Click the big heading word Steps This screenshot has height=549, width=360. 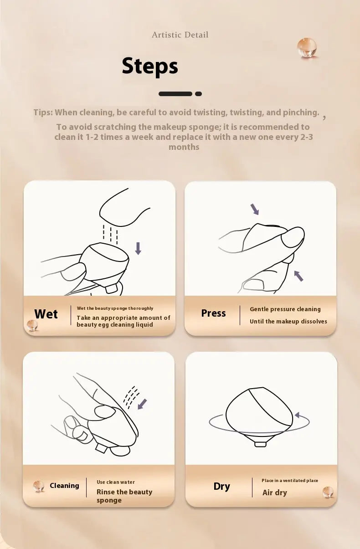click(x=150, y=66)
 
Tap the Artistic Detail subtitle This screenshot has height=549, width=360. click(x=180, y=35)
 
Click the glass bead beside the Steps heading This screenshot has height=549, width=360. click(x=307, y=48)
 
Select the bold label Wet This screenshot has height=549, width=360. click(x=46, y=314)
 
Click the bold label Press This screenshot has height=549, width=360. click(x=213, y=313)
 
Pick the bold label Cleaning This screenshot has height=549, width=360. click(x=64, y=486)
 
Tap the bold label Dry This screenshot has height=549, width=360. click(x=221, y=486)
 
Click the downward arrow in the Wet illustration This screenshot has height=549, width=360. click(x=138, y=248)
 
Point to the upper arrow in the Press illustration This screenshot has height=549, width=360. click(x=255, y=209)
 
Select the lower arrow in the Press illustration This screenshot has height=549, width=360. click(x=299, y=276)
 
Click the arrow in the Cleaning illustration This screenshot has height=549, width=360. click(x=142, y=404)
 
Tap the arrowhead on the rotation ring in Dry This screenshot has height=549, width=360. click(x=297, y=415)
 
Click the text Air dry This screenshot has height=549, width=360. click(x=274, y=493)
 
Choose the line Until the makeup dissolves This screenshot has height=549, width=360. click(x=288, y=321)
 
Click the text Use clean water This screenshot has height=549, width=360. click(x=116, y=482)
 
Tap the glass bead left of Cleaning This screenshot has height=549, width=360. click(x=39, y=486)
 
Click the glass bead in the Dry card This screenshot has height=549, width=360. click(x=328, y=492)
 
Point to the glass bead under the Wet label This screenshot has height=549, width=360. click(x=32, y=325)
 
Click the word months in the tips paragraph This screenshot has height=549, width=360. click(x=184, y=147)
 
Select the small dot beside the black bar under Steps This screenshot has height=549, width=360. click(x=198, y=93)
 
